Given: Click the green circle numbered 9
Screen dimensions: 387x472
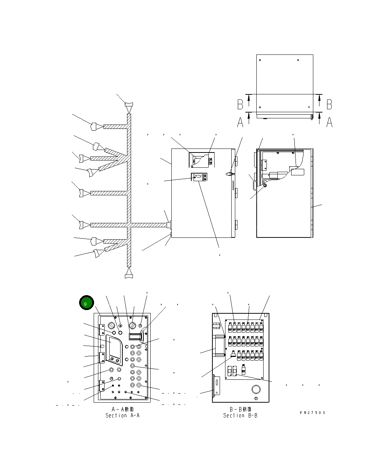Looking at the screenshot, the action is [x=86, y=302].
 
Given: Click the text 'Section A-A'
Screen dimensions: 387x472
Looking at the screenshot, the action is [x=122, y=415].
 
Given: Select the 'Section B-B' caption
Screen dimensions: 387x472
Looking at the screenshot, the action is [x=240, y=415].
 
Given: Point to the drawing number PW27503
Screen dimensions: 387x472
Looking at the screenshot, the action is [x=313, y=412].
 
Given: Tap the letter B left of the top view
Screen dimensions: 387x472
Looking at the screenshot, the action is [x=240, y=104].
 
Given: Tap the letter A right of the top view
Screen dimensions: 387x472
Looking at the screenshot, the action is [x=329, y=122].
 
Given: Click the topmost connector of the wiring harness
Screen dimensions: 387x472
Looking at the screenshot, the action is [x=129, y=107].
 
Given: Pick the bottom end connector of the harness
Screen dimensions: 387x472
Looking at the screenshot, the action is [x=129, y=273].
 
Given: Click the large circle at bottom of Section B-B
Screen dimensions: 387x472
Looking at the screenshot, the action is [x=256, y=389].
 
